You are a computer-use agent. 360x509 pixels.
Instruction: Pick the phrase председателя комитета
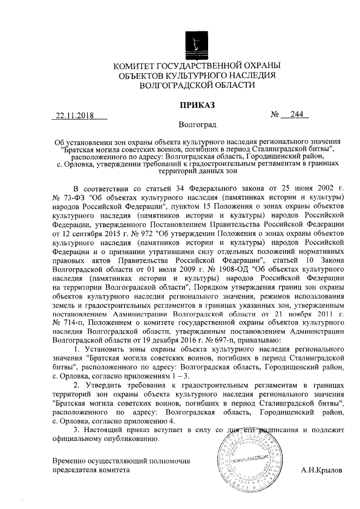[x=91, y=469]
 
